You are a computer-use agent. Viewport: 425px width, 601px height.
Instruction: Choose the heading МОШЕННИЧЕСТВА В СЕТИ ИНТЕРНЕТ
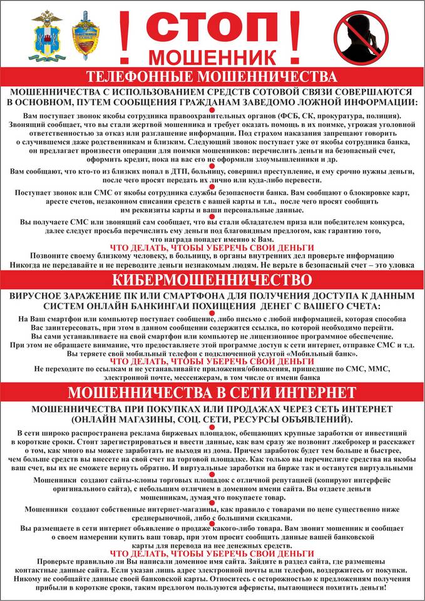pos(212,393)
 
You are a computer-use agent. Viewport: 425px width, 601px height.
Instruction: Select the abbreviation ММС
pos(376,369)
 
